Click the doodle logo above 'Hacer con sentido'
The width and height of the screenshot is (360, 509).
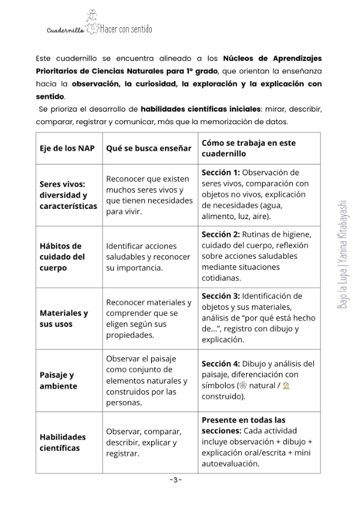pos(92,19)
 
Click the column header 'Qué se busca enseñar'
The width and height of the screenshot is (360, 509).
pos(148,148)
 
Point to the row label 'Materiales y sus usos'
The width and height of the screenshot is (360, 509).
pos(64,319)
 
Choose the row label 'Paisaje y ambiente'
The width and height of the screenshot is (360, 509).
pos(58,381)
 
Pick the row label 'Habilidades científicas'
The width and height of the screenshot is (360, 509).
pos(62,442)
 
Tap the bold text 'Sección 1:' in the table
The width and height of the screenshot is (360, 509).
pos(220,172)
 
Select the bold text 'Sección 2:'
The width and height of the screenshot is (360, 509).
pos(220,234)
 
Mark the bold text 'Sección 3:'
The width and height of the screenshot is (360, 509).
pos(220,296)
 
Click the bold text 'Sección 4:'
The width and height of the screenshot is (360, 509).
pos(220,364)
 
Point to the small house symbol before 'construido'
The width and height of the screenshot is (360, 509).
pos(286,386)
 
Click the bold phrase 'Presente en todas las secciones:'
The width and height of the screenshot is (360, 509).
pos(243,425)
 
